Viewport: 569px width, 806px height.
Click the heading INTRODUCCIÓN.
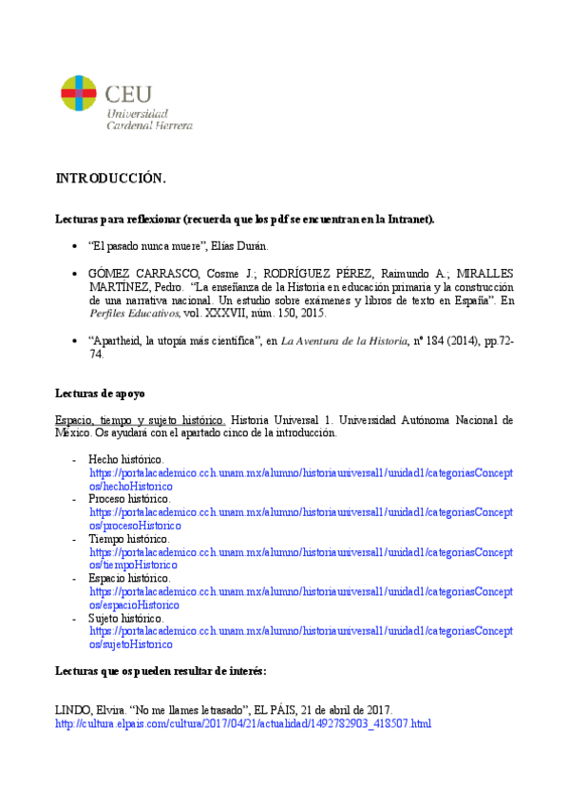coord(111,179)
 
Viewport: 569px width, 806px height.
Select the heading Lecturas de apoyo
coord(100,393)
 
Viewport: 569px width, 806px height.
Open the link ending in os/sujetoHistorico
coord(131,643)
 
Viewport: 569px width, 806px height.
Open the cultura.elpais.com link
coord(243,723)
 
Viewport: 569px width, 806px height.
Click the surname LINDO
coord(75,710)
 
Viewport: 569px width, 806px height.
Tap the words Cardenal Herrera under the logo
coord(149,125)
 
